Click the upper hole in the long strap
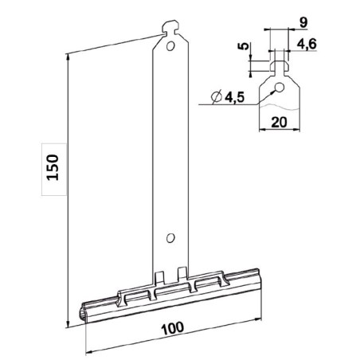[x=170, y=47]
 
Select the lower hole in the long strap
[x=170, y=237]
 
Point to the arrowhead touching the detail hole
[x=272, y=90]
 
